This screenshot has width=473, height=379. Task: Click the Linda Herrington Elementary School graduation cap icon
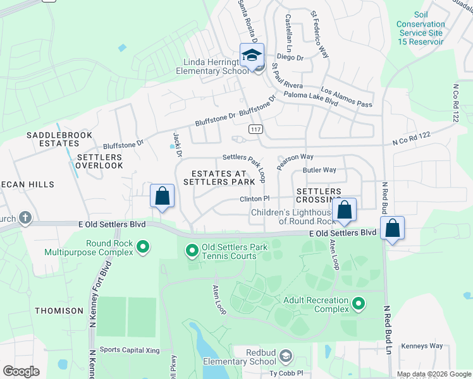252,54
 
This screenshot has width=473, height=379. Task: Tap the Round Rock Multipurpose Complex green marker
143,246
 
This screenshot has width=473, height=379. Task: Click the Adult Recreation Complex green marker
359,304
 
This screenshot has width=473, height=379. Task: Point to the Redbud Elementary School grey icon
286,356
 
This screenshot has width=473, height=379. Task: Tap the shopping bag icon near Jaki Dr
163,196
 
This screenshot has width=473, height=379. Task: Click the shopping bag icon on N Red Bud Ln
392,229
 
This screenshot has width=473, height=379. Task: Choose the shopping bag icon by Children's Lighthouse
345,210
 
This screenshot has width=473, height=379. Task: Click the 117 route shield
255,129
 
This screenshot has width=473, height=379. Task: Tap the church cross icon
25,219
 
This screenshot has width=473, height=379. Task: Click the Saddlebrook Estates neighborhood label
59,140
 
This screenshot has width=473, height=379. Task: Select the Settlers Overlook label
99,161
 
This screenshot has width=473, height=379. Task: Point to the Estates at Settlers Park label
219,177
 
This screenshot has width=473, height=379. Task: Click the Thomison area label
59,311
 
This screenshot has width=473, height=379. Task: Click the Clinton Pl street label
255,198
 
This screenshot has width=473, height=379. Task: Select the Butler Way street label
319,170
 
